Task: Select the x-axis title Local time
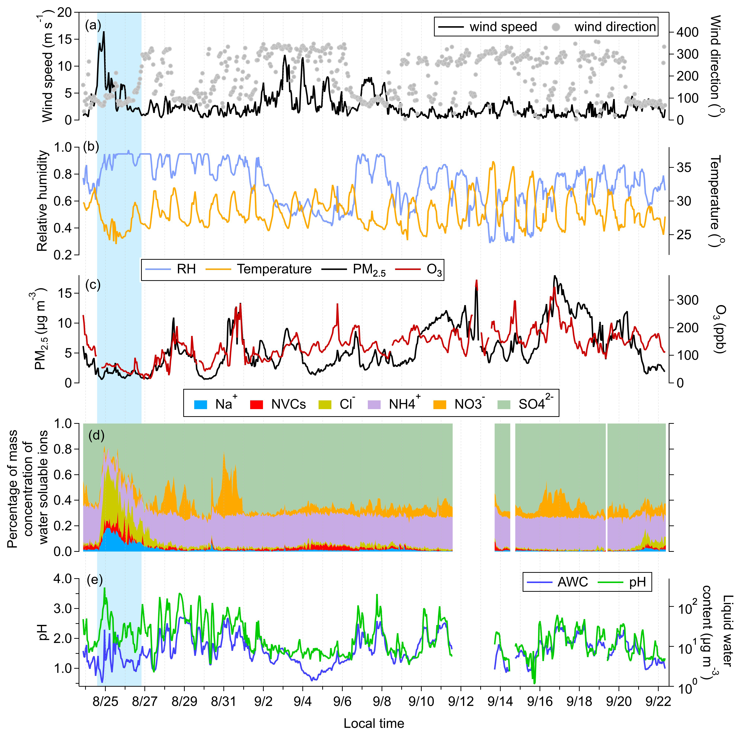coord(374,723)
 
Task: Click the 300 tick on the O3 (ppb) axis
coord(687,300)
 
